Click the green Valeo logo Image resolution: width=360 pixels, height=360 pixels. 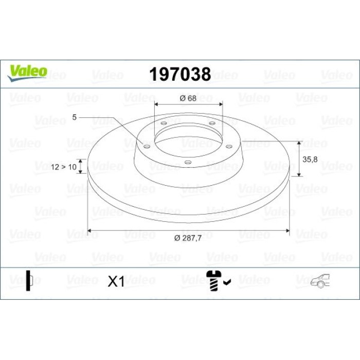27,73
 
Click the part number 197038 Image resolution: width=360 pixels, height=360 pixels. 180,74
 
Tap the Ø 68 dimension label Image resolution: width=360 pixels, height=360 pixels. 188,98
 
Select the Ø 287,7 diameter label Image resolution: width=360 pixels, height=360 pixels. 188,238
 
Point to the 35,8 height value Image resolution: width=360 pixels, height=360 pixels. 310,159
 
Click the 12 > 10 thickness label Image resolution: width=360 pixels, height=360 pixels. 63,167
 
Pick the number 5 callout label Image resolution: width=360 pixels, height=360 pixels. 74,117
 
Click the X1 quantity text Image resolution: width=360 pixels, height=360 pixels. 116,281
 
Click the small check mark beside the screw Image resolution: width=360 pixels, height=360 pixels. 227,282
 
